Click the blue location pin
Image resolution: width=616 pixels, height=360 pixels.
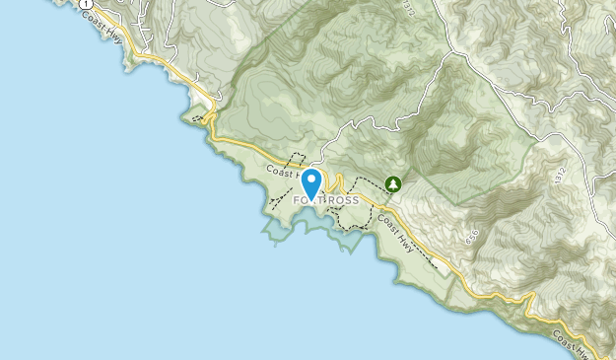click(311, 183)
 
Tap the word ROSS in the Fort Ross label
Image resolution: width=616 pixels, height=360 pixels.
click(342, 200)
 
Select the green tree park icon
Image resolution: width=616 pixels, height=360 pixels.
click(393, 183)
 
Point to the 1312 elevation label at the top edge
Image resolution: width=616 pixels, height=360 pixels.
click(407, 7)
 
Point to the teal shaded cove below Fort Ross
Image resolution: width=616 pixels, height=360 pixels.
click(296, 225)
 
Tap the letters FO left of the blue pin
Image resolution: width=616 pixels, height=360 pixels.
click(300, 200)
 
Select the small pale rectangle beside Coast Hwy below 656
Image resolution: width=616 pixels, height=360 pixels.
click(445, 265)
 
